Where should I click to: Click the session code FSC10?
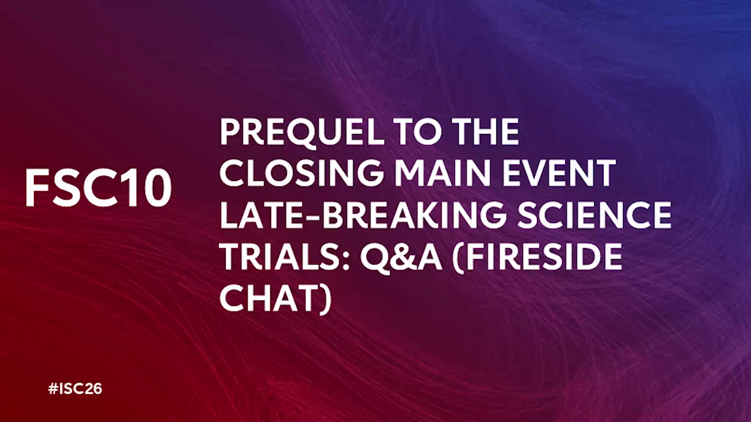(x=99, y=188)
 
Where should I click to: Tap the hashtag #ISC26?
(x=75, y=389)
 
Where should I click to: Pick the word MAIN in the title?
(x=442, y=173)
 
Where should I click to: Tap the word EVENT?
(x=559, y=173)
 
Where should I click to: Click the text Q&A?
(x=402, y=258)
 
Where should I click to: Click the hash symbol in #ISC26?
(x=53, y=389)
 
